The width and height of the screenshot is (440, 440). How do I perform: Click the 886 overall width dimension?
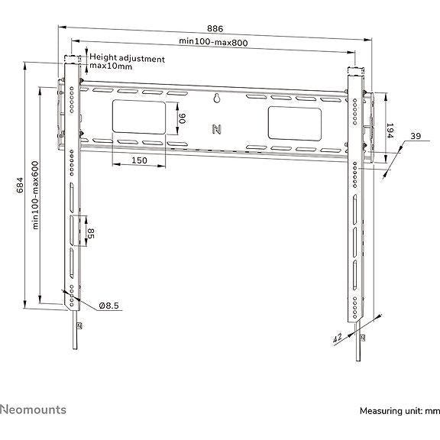coord(215,28)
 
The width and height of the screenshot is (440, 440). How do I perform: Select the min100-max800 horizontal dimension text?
coord(214,42)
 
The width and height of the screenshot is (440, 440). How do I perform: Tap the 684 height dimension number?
coord(20,185)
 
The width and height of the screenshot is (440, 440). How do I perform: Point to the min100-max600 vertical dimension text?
coord(35,195)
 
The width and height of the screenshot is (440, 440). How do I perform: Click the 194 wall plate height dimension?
coord(390,131)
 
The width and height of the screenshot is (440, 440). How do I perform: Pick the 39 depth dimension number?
coord(416,136)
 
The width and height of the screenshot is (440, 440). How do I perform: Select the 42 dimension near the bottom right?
coord(338,338)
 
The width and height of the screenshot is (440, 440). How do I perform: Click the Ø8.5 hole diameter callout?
coord(109,306)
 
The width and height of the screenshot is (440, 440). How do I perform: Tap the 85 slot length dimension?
coord(91,234)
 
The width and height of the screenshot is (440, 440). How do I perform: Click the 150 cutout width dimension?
coord(139,160)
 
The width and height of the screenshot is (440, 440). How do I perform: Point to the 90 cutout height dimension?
coord(183,118)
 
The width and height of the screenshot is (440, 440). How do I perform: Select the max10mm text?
coord(111,66)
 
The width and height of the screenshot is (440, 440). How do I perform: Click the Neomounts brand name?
coord(33,409)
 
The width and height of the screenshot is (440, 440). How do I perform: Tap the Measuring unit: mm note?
coord(400,411)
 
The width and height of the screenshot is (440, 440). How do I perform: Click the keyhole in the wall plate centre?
coord(217,98)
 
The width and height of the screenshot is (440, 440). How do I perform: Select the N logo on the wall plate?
coord(216,129)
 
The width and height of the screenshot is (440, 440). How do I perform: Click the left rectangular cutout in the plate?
coord(139,117)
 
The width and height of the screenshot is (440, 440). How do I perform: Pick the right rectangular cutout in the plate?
coord(295,124)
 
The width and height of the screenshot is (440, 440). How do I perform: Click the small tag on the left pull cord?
coord(79,325)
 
